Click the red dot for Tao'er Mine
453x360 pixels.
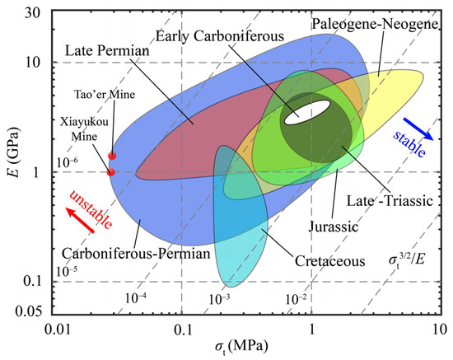pos(112,155)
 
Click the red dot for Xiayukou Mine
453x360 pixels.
pos(111,171)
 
